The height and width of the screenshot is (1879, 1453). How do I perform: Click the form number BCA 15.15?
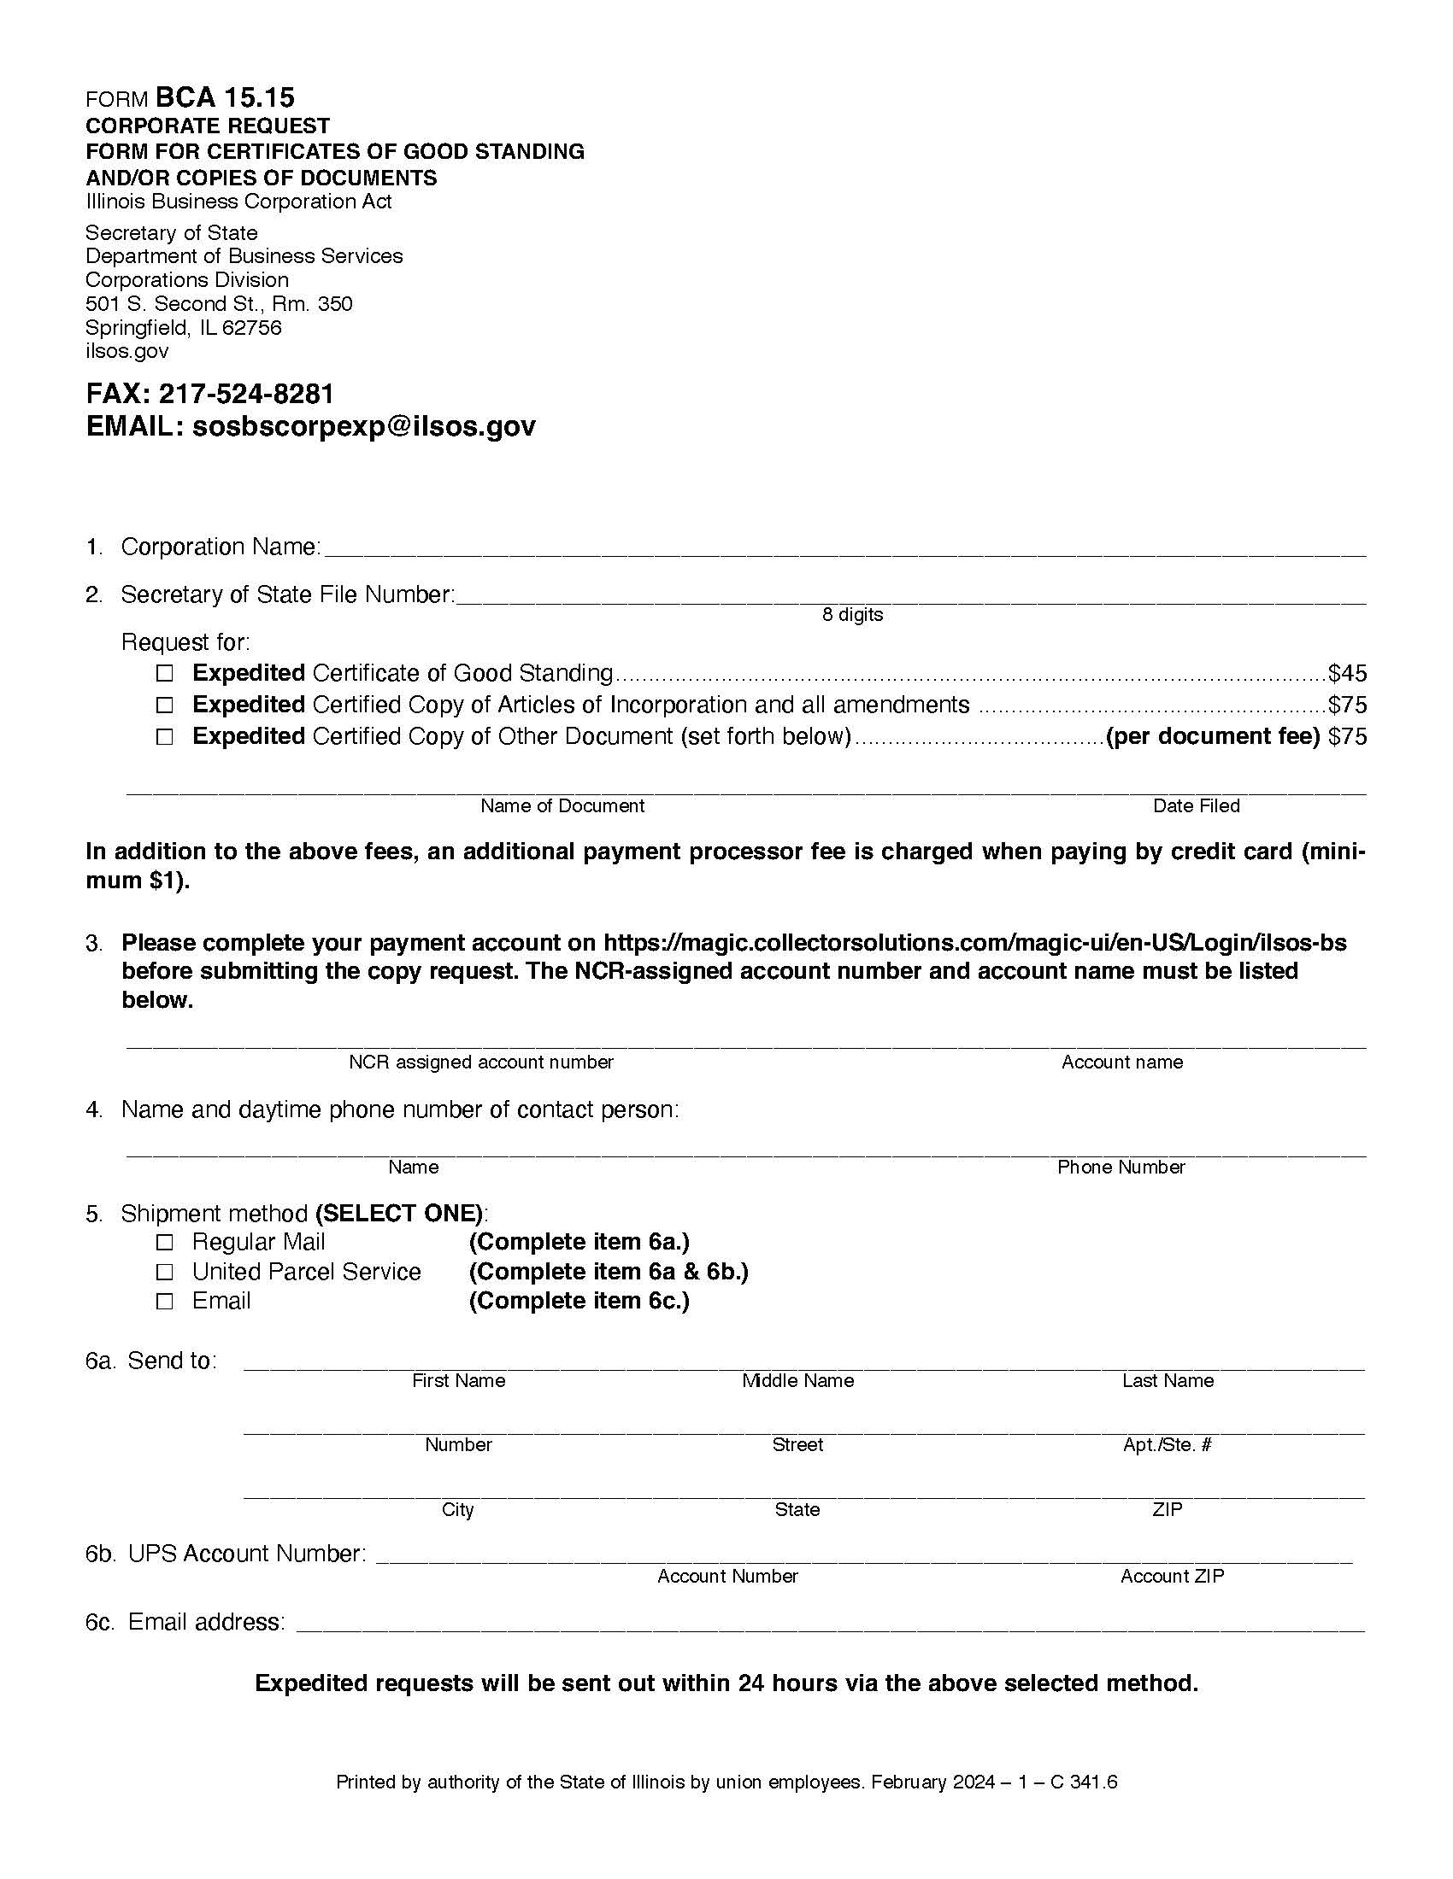(225, 97)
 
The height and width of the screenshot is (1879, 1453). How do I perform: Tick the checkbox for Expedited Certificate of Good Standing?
(164, 673)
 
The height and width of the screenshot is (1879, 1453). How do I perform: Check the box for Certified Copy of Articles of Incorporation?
(164, 705)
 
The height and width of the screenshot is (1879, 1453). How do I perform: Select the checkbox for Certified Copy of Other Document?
(164, 736)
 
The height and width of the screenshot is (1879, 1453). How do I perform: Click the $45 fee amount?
(1347, 673)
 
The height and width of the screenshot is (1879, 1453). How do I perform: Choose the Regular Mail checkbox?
(164, 1243)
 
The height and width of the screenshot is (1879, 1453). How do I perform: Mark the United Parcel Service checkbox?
(164, 1272)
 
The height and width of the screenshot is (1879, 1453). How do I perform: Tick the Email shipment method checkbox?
(164, 1301)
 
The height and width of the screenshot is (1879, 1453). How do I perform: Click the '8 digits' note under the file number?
(852, 614)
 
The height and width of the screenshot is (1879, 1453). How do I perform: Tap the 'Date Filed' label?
(1196, 805)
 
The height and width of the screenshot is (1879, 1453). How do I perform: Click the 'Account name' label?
(1121, 1062)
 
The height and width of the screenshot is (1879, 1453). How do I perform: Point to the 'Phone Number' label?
(1121, 1167)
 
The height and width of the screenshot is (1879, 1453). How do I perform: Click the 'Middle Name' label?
(797, 1380)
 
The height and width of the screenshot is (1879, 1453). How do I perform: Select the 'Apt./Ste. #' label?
(1167, 1444)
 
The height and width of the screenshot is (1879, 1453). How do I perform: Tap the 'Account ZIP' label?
(1172, 1575)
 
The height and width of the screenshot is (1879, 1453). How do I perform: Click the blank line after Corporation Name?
(844, 551)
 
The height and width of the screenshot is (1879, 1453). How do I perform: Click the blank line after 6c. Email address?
(831, 1626)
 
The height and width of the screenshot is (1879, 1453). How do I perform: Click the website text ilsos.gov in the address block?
(126, 351)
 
